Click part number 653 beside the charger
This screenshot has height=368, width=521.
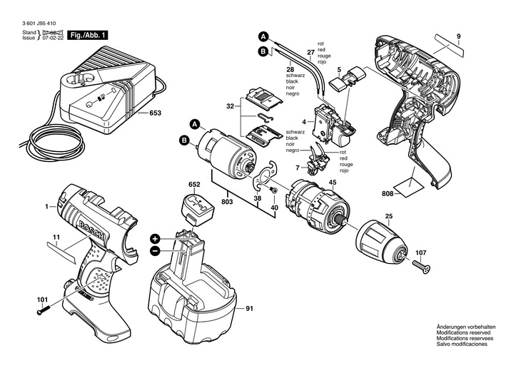click(155, 113)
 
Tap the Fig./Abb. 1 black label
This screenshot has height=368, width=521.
click(88, 35)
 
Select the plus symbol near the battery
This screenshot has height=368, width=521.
click(155, 239)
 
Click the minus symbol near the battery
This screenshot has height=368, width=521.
click(155, 252)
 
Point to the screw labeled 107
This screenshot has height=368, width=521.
click(422, 266)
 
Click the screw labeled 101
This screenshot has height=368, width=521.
click(44, 310)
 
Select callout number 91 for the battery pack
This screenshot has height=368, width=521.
click(249, 309)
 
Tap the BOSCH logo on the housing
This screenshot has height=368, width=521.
click(91, 231)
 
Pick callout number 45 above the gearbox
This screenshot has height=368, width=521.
click(333, 183)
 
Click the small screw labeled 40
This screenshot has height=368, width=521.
click(273, 190)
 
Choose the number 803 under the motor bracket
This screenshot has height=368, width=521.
click(228, 202)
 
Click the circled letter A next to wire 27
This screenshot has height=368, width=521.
click(263, 37)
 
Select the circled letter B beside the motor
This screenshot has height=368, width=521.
click(183, 140)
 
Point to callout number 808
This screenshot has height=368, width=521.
click(388, 194)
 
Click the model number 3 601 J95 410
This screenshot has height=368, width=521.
click(39, 24)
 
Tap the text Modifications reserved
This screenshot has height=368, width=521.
click(463, 332)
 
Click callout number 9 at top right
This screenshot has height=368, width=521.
click(458, 36)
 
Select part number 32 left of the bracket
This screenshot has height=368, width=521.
click(230, 106)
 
